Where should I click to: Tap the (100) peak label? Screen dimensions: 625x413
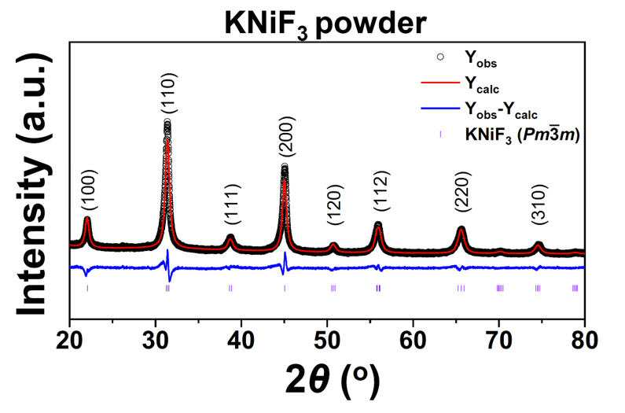pos(90,190)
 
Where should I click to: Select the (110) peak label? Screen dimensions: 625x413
pos(168,94)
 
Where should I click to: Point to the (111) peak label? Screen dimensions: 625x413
pos(232,205)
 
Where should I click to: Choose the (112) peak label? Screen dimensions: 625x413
pos(381,190)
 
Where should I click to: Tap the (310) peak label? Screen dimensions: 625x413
pos(539,205)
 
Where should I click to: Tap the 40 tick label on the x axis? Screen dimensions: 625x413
pos(241,341)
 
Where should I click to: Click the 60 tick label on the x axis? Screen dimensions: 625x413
pos(413,341)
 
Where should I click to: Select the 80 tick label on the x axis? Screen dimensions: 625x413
pos(584,341)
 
